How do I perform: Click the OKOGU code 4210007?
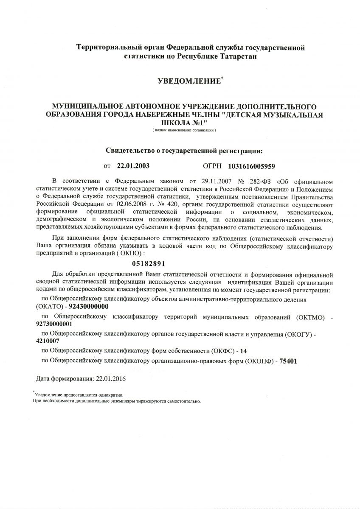pyautogui.click(x=48, y=341)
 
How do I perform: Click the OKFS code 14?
pyautogui.click(x=243, y=351)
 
